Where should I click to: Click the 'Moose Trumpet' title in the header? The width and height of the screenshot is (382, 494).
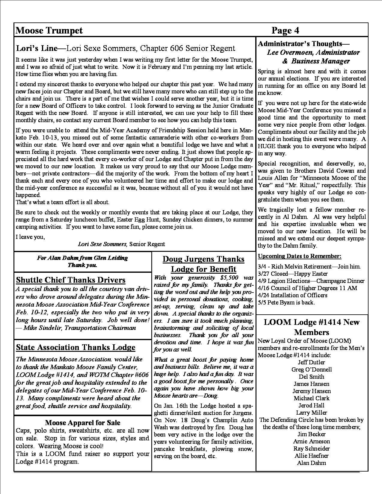tap(49, 31)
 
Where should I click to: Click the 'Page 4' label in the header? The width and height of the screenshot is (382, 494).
tap(285, 31)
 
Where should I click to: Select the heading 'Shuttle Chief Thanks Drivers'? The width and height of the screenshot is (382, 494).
tap(71, 280)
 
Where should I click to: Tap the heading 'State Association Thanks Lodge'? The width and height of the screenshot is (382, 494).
tap(76, 347)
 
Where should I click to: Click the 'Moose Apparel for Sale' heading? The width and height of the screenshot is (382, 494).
tap(83, 423)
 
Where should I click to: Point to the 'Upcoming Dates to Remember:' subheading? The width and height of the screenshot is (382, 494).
tap(300, 256)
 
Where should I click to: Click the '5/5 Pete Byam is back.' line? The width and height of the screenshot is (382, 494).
tap(286, 302)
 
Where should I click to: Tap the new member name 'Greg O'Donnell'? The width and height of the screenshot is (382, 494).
tap(312, 369)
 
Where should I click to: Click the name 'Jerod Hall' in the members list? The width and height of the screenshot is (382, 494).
tap(312, 405)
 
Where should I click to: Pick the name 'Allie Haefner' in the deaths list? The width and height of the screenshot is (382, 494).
tap(312, 456)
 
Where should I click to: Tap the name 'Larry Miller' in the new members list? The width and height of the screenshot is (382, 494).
tap(312, 413)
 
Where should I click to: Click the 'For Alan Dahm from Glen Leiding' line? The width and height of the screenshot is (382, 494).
tap(82, 258)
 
